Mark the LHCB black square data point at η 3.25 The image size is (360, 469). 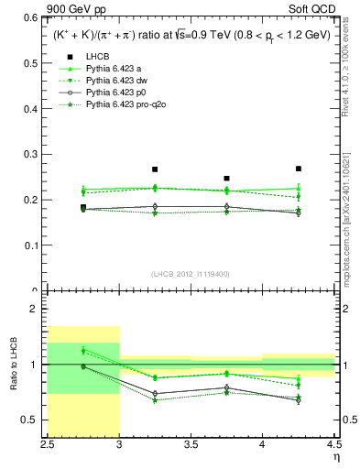155,169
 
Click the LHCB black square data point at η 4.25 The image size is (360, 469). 299,169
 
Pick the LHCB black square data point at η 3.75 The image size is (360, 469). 227,179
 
